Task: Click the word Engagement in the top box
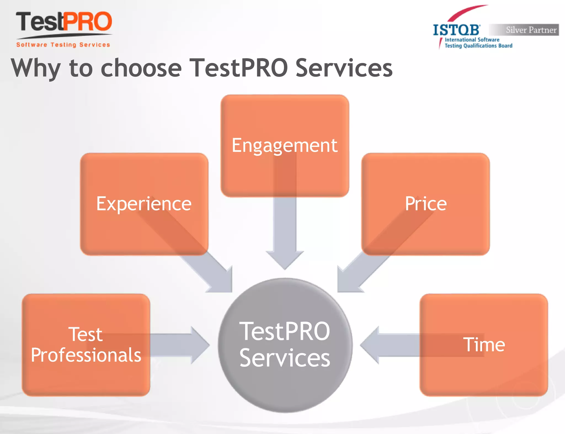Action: [284, 145]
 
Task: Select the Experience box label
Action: [144, 204]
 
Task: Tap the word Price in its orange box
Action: [426, 204]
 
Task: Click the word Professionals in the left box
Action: [86, 355]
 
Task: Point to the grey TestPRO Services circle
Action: [285, 345]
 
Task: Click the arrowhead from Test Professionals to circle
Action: [200, 345]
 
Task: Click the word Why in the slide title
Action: [35, 68]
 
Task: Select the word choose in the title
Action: [141, 68]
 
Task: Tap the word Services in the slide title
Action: [344, 68]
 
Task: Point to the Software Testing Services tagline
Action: [63, 45]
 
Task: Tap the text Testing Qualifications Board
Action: [478, 46]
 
